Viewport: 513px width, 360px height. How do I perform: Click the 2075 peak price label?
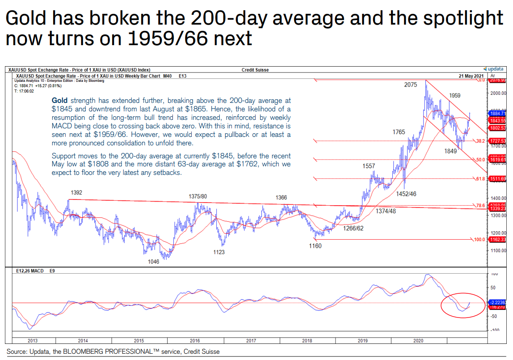(411, 85)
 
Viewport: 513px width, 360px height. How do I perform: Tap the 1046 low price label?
(153, 262)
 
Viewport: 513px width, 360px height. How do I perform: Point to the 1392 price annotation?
(76, 192)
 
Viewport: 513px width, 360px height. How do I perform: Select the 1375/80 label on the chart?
(198, 196)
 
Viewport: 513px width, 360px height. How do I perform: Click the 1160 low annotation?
(315, 246)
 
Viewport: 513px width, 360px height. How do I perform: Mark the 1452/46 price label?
(405, 194)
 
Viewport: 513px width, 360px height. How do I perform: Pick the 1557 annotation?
(369, 166)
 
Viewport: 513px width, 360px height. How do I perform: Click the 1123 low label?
(219, 252)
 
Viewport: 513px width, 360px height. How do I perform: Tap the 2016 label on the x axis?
(195, 341)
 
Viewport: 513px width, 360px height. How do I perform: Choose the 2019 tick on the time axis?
(362, 341)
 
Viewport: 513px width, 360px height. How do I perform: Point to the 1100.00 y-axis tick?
(498, 251)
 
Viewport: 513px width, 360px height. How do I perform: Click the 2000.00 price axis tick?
(498, 93)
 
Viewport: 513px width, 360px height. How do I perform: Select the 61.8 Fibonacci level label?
(479, 179)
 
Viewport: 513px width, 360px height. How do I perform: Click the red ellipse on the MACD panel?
(462, 306)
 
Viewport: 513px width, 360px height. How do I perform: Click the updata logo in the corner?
(493, 69)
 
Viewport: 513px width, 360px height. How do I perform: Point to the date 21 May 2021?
(471, 76)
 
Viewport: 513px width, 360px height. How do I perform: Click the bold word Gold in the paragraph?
(60, 100)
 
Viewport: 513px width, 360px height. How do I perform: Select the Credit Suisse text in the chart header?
(255, 70)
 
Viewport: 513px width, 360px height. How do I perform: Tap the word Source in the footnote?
(16, 352)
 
